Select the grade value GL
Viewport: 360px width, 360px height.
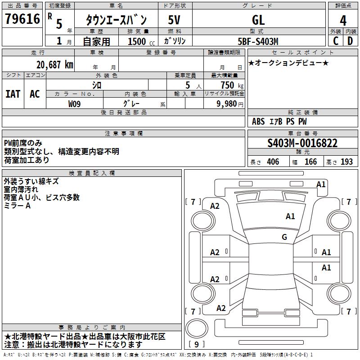pyautogui.click(x=258, y=20)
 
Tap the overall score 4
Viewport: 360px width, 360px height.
pyautogui.click(x=343, y=20)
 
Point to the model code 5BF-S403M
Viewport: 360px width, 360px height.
pyautogui.click(x=258, y=41)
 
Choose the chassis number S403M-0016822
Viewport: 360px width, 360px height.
pyautogui.click(x=302, y=143)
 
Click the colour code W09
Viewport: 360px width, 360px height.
pyautogui.click(x=75, y=103)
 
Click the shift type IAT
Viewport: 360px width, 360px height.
pyautogui.click(x=13, y=94)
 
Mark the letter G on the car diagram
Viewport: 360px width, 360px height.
pyautogui.click(x=284, y=237)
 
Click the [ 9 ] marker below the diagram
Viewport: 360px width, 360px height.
pyautogui.click(x=197, y=345)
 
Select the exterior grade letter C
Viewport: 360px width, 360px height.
pyautogui.click(x=336, y=41)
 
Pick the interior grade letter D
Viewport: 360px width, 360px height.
pyautogui.click(x=350, y=41)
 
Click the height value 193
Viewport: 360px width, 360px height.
pyautogui.click(x=346, y=162)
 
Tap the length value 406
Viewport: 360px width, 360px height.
pyautogui.click(x=273, y=162)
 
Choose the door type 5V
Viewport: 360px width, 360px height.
pyautogui.click(x=174, y=20)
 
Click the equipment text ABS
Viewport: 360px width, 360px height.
pyautogui.click(x=258, y=121)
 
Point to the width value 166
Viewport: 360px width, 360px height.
pyautogui.click(x=310, y=162)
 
